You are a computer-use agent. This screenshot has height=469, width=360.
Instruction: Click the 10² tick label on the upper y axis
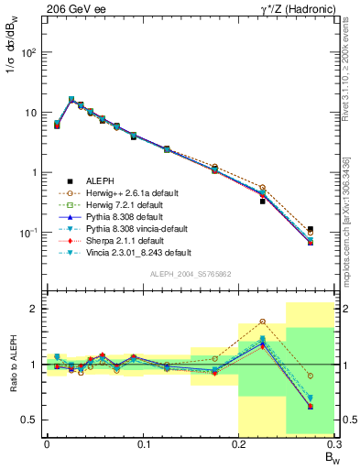pyautogui.click(x=28, y=52)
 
